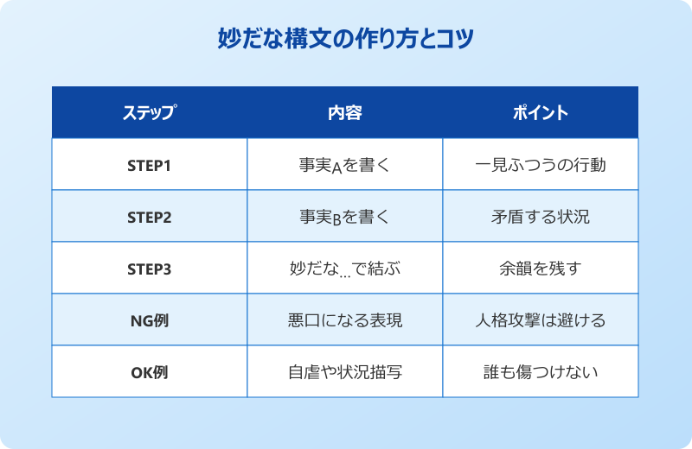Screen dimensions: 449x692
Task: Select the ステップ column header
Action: pos(149,113)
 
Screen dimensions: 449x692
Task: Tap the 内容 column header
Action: pos(344,113)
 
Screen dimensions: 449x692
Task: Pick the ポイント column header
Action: pos(540,113)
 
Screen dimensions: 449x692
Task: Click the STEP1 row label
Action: pos(149,165)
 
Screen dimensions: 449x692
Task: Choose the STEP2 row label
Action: pos(149,217)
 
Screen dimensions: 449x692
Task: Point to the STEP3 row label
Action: pos(149,269)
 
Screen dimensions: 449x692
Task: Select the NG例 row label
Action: pos(149,320)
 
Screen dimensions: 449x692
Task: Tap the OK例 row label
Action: pos(149,372)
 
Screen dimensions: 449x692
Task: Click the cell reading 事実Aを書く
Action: pos(344,165)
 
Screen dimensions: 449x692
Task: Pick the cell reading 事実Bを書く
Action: pos(344,217)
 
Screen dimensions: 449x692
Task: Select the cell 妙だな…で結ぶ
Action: pos(344,269)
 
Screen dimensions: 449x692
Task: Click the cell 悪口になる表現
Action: pos(344,320)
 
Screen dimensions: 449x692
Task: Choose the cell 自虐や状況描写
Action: pos(344,372)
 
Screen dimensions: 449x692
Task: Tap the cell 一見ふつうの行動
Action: pos(540,165)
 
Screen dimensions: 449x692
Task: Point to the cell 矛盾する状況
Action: pos(540,217)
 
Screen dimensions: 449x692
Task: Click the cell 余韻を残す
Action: pos(540,269)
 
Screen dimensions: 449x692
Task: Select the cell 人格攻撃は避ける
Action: pos(540,320)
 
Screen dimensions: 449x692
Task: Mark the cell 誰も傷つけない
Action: pos(540,372)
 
